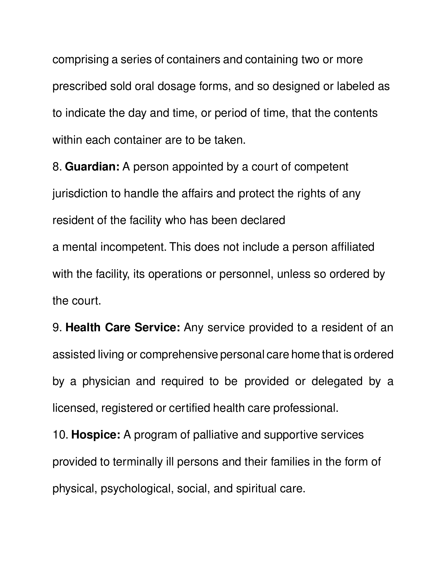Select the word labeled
pos(354,86)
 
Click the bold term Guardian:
pos(92,167)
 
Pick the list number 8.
pos(57,167)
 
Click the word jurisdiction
pos(80,194)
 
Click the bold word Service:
pos(157,328)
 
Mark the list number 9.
pos(57,328)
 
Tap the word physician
pos(106,381)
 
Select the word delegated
pos(337,381)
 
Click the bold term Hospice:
pos(96,435)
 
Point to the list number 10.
pos(61,435)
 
